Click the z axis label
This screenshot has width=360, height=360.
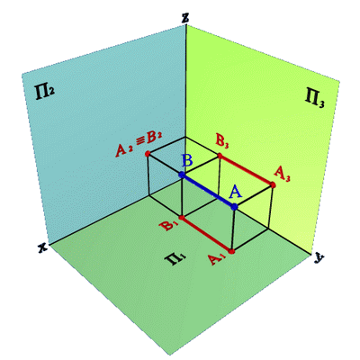(185, 19)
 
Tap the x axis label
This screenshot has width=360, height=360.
(43, 247)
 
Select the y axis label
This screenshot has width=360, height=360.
(318, 257)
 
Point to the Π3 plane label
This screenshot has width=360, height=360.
(315, 99)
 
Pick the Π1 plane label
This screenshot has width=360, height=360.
(175, 259)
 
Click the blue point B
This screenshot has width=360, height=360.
(181, 175)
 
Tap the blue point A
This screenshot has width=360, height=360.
(235, 206)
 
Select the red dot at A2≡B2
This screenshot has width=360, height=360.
(148, 154)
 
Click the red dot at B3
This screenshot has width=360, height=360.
(220, 156)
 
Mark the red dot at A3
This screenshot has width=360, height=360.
(273, 184)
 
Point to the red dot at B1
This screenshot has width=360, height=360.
(181, 217)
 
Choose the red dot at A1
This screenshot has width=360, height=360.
(231, 251)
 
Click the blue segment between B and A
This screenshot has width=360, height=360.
(208, 191)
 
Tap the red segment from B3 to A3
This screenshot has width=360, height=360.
(246, 170)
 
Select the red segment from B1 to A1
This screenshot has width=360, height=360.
(206, 234)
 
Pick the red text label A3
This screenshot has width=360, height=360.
(283, 174)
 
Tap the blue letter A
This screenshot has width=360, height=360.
(236, 192)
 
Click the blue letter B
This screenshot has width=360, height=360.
(187, 162)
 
